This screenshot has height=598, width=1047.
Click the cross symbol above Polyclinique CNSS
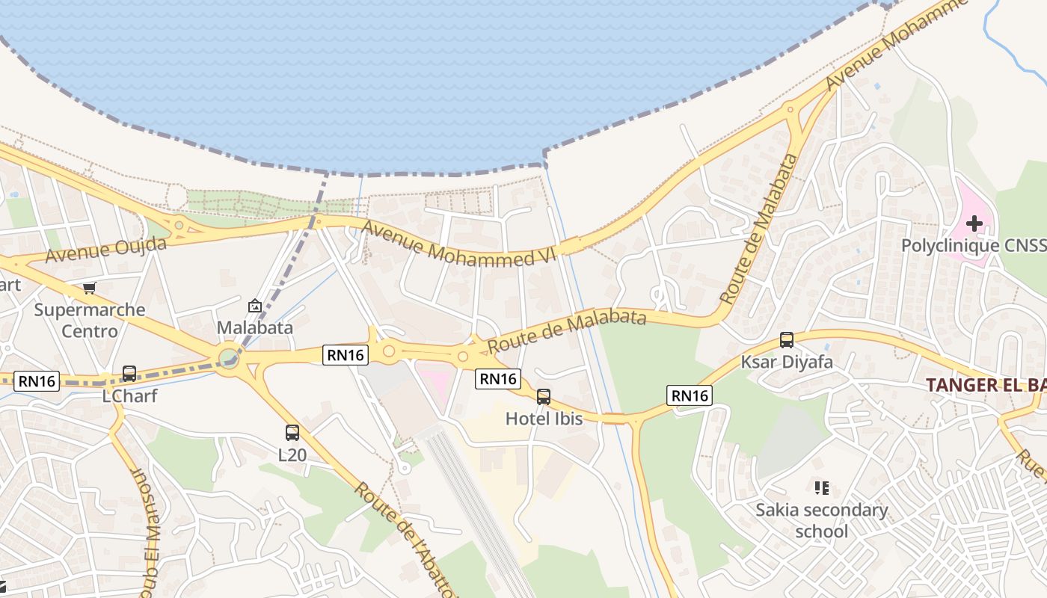coord(974,223)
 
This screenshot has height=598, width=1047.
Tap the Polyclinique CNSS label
coord(973,246)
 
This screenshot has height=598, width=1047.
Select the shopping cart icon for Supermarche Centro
coord(90,288)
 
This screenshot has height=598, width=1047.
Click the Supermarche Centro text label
coord(89,320)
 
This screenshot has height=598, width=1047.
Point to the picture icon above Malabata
coord(255,306)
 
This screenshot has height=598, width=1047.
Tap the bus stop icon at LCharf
coord(129,373)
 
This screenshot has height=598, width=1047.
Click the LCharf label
coord(129,395)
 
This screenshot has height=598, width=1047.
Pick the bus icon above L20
coord(292,432)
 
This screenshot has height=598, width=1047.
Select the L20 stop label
coord(292,454)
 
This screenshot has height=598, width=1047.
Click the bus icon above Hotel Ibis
coord(544,397)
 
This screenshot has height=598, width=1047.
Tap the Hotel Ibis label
coord(544,419)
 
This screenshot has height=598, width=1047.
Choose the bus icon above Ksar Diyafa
coord(787,340)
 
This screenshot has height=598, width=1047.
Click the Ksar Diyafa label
coord(787,363)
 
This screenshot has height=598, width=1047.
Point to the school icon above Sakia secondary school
coord(822,488)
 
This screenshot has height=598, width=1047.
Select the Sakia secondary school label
coord(822,520)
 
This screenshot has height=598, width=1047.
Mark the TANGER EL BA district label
coord(986,386)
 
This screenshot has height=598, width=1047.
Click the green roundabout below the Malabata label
coord(228,357)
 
